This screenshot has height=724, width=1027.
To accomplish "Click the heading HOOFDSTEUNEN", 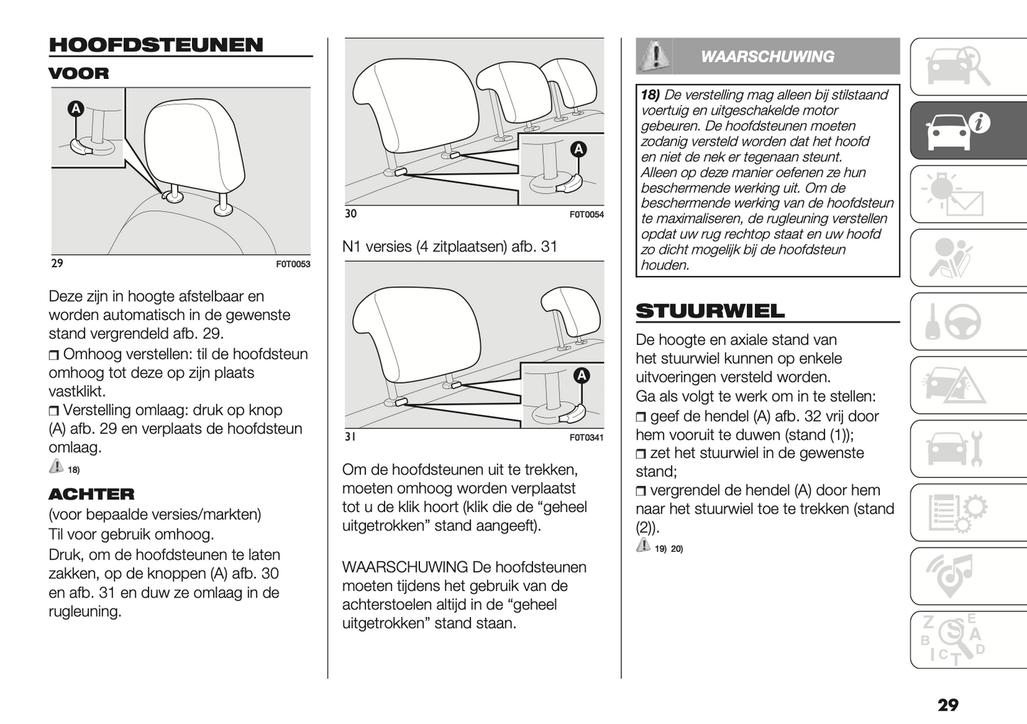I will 156,45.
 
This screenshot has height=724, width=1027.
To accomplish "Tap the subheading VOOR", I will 79,73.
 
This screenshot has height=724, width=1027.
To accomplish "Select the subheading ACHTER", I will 91,494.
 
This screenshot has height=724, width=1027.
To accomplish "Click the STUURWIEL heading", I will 710,311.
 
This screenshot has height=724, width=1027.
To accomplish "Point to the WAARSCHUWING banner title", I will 767,57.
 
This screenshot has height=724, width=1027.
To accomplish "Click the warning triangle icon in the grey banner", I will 655,55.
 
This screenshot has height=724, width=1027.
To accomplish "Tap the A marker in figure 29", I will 75,109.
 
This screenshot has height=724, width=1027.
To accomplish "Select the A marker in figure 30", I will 579,149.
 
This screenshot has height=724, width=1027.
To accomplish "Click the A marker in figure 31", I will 581,376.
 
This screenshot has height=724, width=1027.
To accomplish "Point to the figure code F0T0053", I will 293,264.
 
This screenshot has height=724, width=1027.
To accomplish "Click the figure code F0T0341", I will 586,437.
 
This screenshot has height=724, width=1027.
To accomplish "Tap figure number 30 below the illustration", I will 350,214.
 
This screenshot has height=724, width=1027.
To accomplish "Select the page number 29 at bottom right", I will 947,705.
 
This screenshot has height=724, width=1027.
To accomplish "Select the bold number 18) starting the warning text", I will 650,95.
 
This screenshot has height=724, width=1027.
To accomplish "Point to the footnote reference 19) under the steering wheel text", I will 660,548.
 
